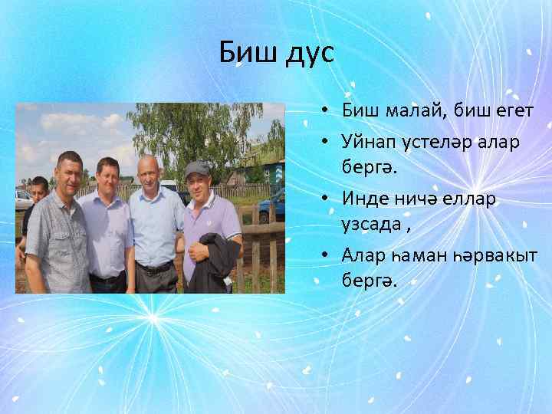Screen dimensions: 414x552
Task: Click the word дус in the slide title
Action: [305, 55]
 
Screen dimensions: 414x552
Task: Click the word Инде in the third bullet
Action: [366, 198]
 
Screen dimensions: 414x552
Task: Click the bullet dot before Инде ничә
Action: [326, 199]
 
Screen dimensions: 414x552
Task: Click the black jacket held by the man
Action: [219, 261]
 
